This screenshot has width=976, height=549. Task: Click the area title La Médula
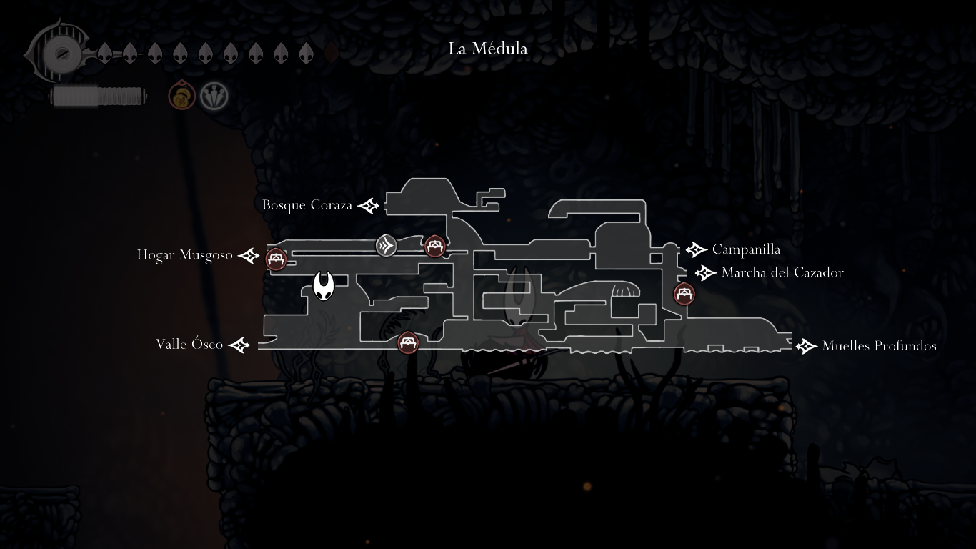[x=488, y=49]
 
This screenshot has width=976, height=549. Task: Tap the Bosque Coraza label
[x=307, y=205]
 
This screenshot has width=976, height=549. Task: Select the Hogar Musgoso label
[x=185, y=255]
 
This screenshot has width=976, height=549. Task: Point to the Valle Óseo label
[x=189, y=345]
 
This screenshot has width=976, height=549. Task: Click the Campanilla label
[x=746, y=249]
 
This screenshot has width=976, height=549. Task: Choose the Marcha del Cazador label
[x=782, y=272]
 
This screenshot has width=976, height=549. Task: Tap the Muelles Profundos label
[x=879, y=346]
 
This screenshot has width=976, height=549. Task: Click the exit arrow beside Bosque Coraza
[x=369, y=206]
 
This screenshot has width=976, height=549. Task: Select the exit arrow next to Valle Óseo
[x=239, y=345]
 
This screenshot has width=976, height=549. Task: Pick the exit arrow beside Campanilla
[x=696, y=249]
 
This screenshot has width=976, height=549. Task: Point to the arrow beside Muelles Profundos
[x=806, y=346]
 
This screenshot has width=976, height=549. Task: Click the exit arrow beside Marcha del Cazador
[x=705, y=272]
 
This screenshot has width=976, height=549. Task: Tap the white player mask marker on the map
[x=324, y=287]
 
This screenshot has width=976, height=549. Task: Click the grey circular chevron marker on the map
[x=387, y=246]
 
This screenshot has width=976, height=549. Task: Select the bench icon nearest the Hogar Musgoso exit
[x=277, y=259]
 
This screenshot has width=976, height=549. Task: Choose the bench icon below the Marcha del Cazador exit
[x=684, y=293]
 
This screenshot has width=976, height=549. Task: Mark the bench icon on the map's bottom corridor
[x=408, y=342]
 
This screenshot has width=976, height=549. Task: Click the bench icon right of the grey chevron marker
[x=435, y=247]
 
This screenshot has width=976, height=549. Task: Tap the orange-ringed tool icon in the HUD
[x=181, y=96]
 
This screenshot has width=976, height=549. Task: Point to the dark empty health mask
[x=331, y=53]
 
